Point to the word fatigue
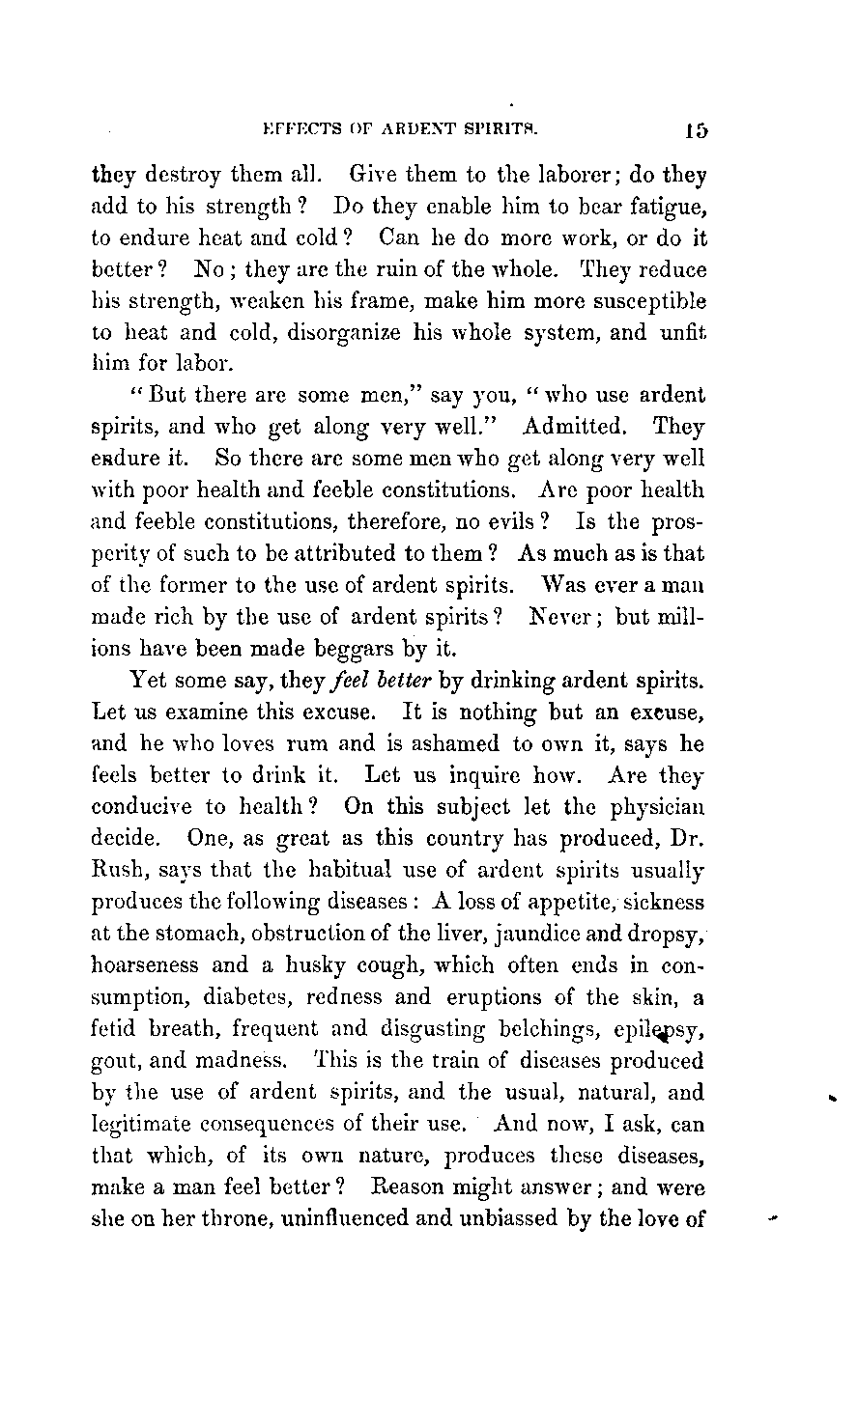pos(671,209)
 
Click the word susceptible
pos(644,300)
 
